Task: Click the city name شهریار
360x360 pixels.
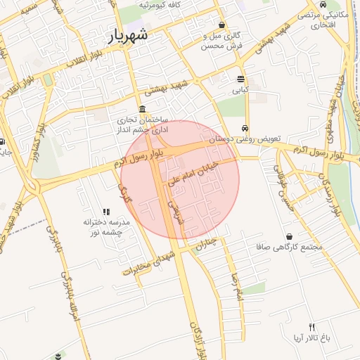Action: pos(127,37)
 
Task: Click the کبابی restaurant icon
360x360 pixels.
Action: pos(241,79)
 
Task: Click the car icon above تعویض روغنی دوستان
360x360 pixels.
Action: pos(244,129)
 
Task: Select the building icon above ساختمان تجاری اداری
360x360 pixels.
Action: pos(143,109)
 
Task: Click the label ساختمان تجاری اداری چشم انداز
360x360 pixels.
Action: pos(143,124)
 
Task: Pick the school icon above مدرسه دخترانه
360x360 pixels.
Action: pos(106,211)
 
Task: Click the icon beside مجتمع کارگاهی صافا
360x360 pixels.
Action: pos(289,236)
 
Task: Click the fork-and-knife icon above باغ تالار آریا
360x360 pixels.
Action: pos(312,327)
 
